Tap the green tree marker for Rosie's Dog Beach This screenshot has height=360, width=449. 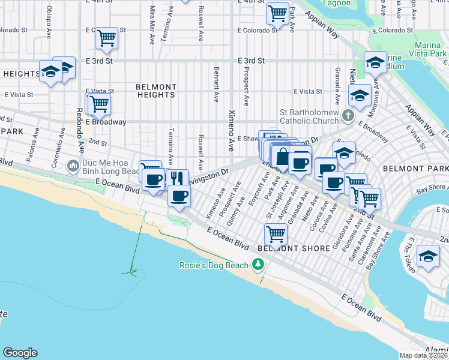click(258, 264)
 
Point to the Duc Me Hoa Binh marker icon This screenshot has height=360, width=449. click(73, 164)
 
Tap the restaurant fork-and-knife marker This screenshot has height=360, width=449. click(176, 178)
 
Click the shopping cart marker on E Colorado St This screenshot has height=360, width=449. click(106, 38)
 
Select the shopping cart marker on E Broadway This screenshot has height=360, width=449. click(99, 104)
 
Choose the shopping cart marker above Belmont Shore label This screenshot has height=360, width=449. click(276, 233)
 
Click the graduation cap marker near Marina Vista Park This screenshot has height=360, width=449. click(375, 62)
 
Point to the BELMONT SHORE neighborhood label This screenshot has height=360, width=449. click(293, 248)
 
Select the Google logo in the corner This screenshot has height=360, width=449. click(20, 353)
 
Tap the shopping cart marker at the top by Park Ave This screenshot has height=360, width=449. click(277, 13)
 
